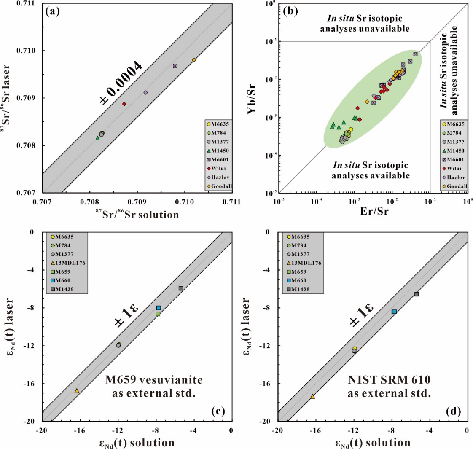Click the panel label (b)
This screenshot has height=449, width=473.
(290, 11)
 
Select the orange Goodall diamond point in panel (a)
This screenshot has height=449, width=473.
(194, 60)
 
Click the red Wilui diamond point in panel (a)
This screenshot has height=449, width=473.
(124, 104)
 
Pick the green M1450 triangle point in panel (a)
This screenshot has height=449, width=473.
(97, 138)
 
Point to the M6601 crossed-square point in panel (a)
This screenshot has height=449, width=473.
(175, 66)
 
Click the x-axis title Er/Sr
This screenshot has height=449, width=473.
(372, 211)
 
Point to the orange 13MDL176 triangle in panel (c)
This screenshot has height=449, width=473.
(77, 391)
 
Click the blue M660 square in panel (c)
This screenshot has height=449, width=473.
(159, 308)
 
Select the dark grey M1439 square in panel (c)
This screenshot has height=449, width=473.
(181, 288)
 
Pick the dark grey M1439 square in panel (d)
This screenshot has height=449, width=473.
(417, 294)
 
